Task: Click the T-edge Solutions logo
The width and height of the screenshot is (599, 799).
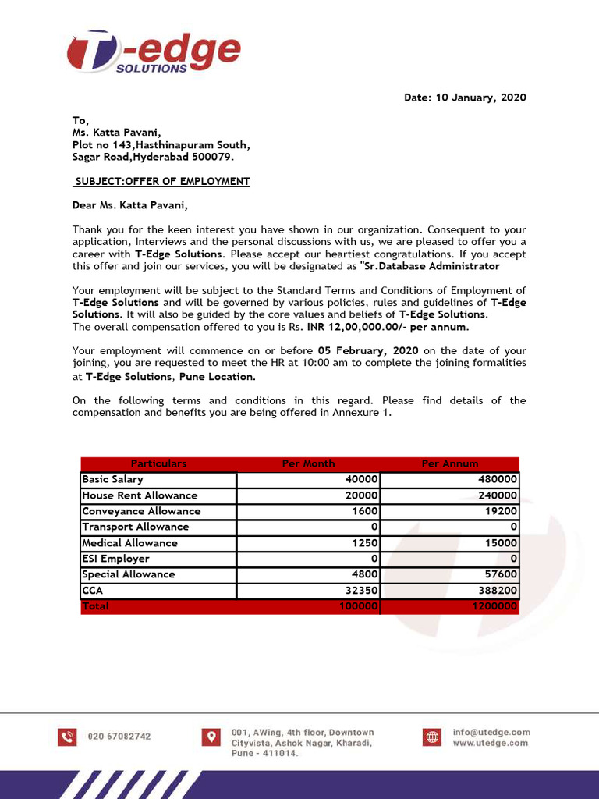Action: (x=153, y=53)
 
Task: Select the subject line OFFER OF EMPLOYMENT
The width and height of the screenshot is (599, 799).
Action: (x=162, y=182)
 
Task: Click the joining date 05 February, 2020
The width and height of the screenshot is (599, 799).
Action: (x=368, y=351)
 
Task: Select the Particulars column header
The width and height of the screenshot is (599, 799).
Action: (x=158, y=463)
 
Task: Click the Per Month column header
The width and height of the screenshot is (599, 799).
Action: (x=308, y=463)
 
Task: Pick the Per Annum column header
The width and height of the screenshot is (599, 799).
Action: (x=450, y=463)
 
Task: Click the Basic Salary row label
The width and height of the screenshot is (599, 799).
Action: (x=113, y=480)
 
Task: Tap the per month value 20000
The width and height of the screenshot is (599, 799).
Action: (x=362, y=495)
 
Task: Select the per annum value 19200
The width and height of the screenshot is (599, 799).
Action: (x=502, y=511)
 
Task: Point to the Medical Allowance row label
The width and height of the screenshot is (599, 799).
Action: (x=129, y=543)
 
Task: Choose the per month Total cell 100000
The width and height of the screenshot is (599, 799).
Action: (x=359, y=606)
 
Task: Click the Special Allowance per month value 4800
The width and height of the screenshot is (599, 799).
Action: (x=365, y=574)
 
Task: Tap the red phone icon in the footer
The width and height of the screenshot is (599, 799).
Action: (x=67, y=737)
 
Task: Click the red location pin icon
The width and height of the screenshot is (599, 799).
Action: (x=211, y=737)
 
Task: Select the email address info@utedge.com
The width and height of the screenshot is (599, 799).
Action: (x=491, y=732)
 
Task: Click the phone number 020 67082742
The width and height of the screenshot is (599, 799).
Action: (x=119, y=737)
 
